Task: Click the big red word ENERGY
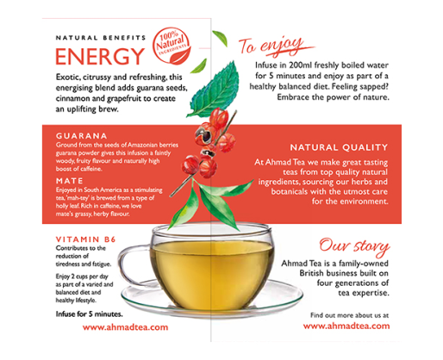(100, 56)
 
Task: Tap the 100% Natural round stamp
(172, 46)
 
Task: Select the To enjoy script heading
(276, 46)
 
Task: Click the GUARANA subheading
(82, 136)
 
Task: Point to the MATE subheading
(70, 181)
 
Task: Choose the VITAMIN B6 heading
(85, 239)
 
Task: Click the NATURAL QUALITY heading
(339, 147)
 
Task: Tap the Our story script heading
(354, 246)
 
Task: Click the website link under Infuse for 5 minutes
(125, 327)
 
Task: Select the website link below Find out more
(346, 326)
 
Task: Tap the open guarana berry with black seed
(204, 135)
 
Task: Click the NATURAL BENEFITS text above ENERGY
(101, 38)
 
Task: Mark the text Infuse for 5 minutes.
(89, 314)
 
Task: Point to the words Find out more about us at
(349, 315)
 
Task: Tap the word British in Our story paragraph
(311, 273)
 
